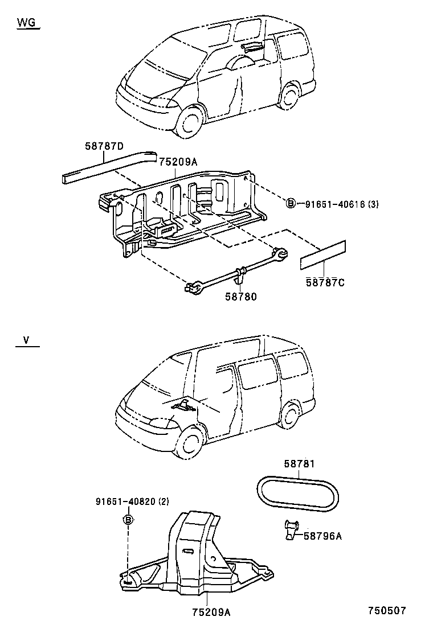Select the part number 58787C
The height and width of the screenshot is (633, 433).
[325, 282]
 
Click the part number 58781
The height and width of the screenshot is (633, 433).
[299, 465]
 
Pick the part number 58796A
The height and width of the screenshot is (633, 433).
[322, 535]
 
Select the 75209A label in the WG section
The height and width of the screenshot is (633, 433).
[178, 162]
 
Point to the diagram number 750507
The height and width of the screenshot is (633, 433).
[386, 610]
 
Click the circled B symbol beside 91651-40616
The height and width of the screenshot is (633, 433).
[291, 203]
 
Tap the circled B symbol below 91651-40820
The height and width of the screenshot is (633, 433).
[128, 519]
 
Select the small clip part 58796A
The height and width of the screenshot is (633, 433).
[291, 529]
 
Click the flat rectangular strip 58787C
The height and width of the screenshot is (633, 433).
[323, 255]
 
